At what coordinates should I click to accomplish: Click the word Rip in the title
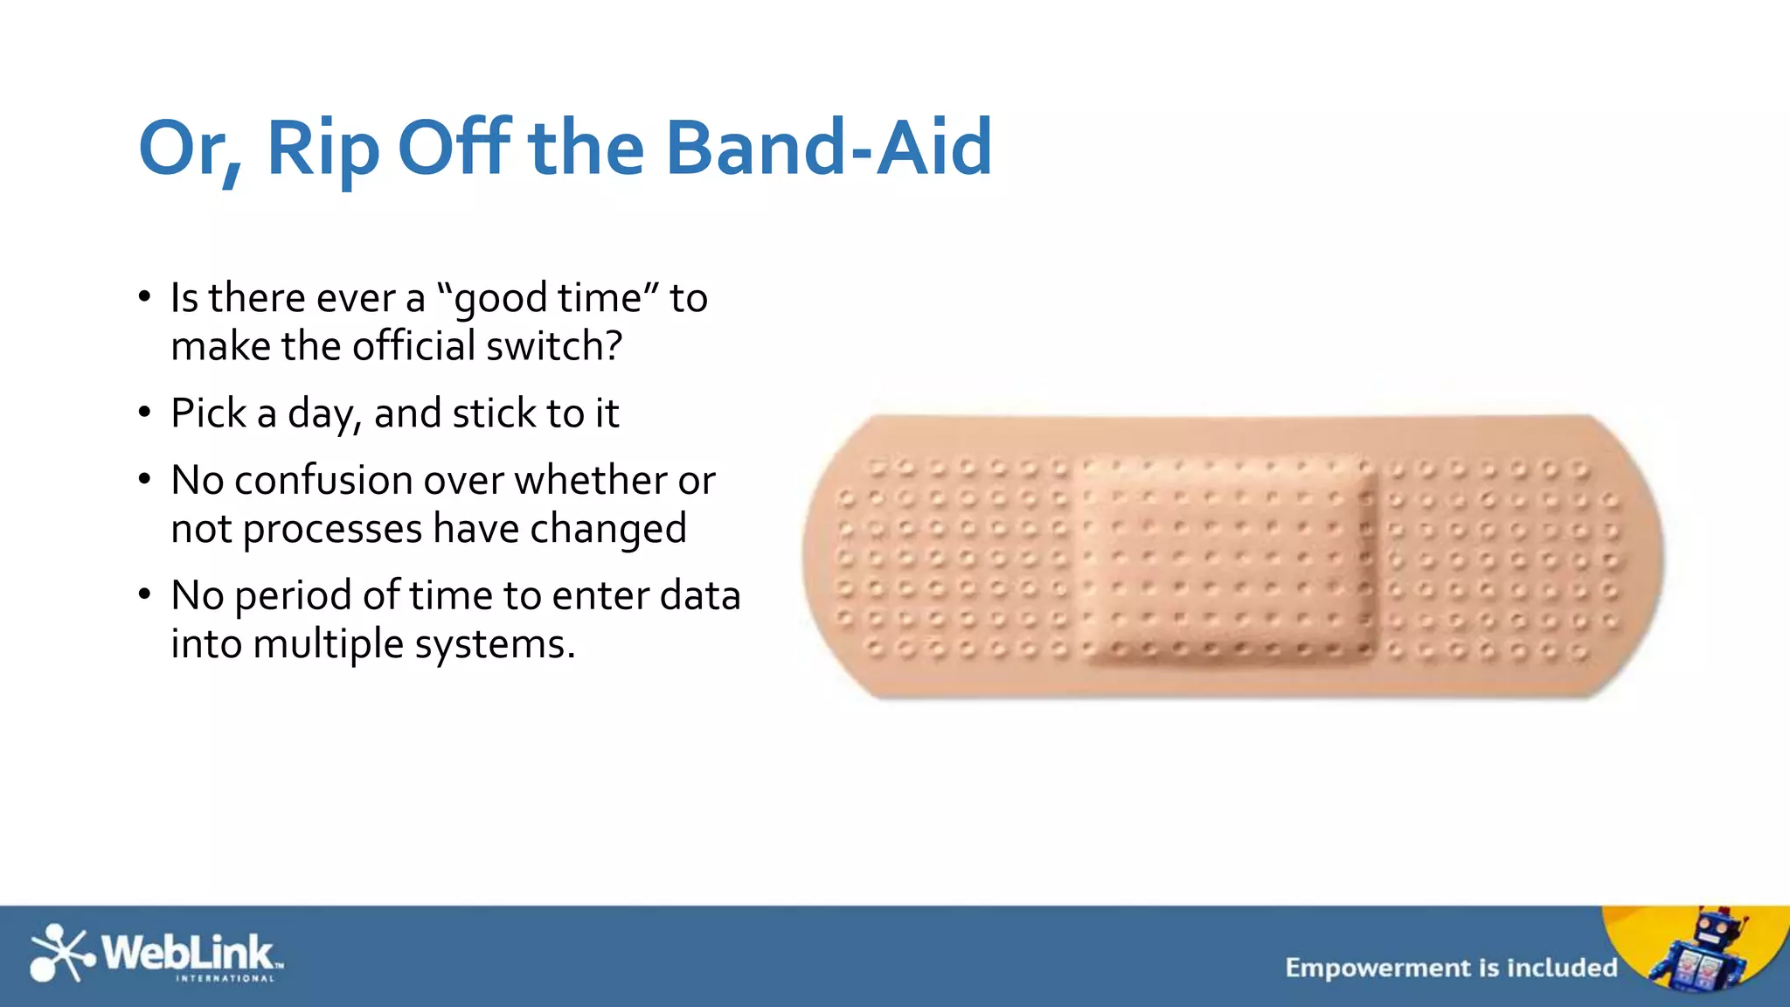point(323,149)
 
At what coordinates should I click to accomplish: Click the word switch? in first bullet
point(554,346)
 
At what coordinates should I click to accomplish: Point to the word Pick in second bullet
point(208,413)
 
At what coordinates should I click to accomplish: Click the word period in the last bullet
point(293,596)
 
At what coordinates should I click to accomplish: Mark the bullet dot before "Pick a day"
point(145,412)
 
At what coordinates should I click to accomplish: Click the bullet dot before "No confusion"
point(145,479)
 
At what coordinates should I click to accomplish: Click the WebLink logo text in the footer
point(188,953)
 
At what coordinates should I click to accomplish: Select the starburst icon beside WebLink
point(59,953)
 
